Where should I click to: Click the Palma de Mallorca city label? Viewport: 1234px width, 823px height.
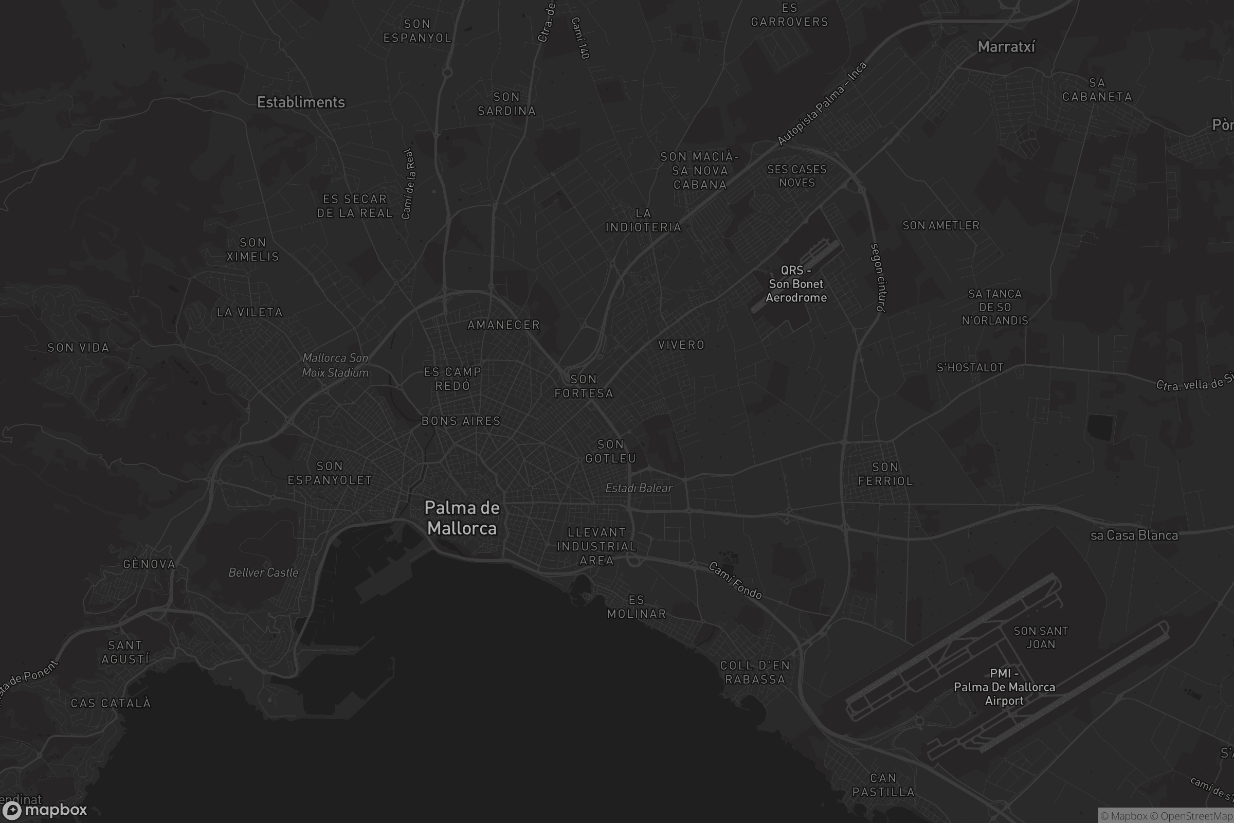coord(462,517)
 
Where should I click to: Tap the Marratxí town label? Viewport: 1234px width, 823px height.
coord(1006,47)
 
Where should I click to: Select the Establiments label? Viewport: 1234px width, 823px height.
coord(301,102)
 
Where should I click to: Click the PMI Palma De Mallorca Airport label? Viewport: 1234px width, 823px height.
coord(1004,687)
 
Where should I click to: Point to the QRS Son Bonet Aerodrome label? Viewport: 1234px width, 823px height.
coord(796,284)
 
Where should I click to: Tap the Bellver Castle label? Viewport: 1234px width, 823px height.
coord(263,572)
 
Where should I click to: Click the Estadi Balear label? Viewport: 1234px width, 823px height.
coord(639,488)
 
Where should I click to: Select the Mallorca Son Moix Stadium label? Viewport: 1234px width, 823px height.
coord(335,365)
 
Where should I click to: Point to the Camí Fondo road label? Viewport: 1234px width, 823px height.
coord(735,581)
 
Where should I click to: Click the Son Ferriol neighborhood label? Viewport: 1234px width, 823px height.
coord(885,473)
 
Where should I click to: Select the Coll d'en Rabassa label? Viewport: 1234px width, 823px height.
coord(755,672)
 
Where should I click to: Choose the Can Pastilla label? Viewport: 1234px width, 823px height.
coord(883,785)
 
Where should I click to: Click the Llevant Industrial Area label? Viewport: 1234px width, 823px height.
coord(596,546)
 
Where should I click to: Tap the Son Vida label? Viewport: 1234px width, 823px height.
coord(78,348)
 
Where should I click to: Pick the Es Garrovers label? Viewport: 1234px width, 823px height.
coord(790,15)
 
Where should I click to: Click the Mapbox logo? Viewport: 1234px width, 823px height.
coord(44,810)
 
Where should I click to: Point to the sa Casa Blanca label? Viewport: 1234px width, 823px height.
coord(1134,535)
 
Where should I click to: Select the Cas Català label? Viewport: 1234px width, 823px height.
coord(111,703)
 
